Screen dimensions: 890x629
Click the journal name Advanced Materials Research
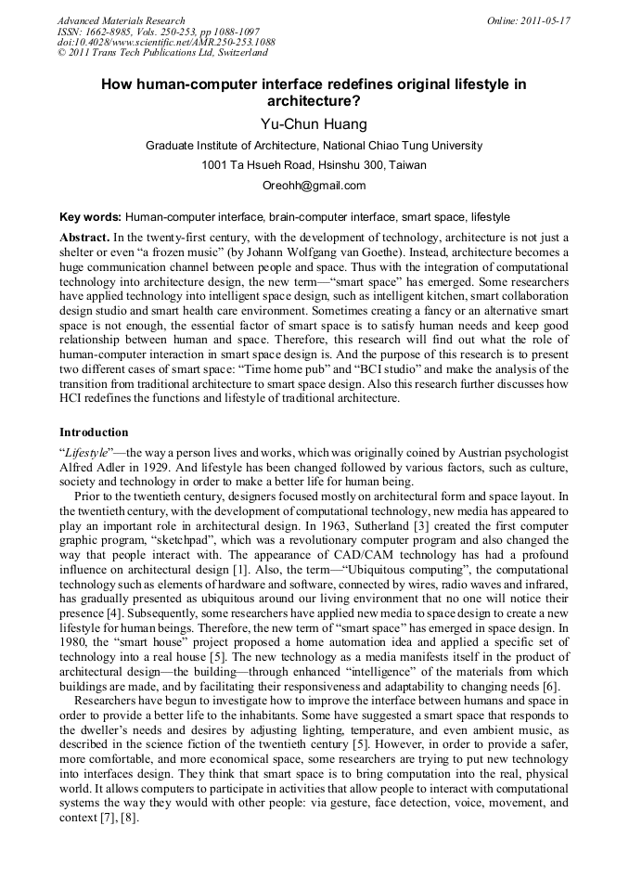[122, 20]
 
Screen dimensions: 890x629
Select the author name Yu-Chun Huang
[314, 123]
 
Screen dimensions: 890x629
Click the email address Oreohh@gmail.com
[314, 186]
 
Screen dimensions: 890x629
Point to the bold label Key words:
[91, 217]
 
